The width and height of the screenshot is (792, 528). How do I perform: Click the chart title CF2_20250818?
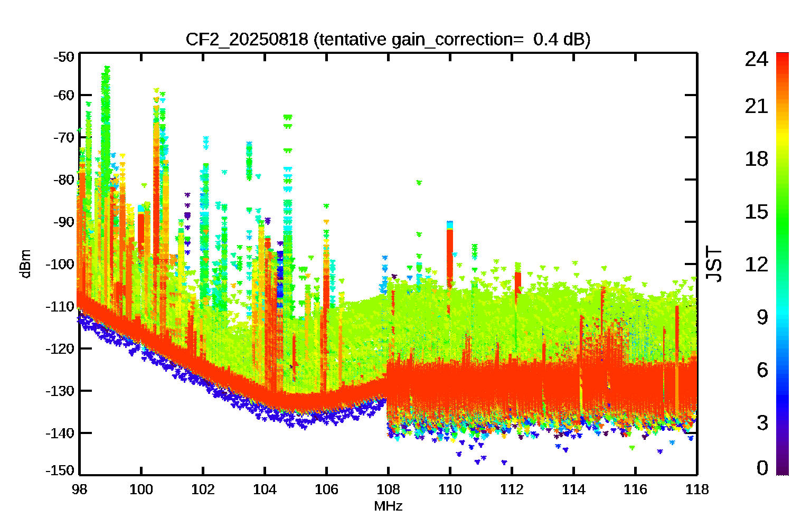coord(247,39)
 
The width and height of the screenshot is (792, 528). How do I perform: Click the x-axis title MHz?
coord(388,507)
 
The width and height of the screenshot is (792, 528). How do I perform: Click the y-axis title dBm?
coord(25,264)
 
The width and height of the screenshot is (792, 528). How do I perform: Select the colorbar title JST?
coord(714,264)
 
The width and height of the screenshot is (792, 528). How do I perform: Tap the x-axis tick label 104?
coord(265,490)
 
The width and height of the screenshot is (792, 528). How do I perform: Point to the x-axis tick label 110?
coord(450,490)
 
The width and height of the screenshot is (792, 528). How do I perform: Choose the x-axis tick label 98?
coord(79,490)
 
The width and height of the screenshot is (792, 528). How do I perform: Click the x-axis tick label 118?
coord(697,490)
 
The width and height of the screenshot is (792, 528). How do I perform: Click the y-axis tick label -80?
coord(64,180)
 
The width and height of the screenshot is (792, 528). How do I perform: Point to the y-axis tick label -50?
coord(64,57)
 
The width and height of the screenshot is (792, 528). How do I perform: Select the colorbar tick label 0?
coord(762,468)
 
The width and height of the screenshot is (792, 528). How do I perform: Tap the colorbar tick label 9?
coord(762,317)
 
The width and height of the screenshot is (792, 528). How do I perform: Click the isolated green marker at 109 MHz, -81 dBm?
coord(419,183)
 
